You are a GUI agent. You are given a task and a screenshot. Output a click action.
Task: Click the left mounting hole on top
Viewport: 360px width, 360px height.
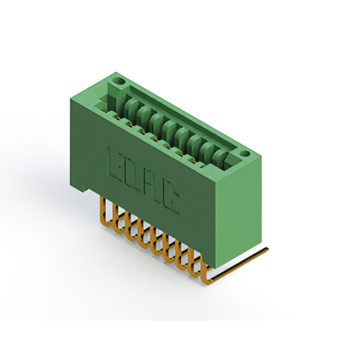pos(119,82)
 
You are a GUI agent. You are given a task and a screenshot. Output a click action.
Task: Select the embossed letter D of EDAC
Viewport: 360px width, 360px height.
pos(132,175)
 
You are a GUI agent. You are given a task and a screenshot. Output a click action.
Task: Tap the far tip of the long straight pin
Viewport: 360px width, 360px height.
pos(267,249)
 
